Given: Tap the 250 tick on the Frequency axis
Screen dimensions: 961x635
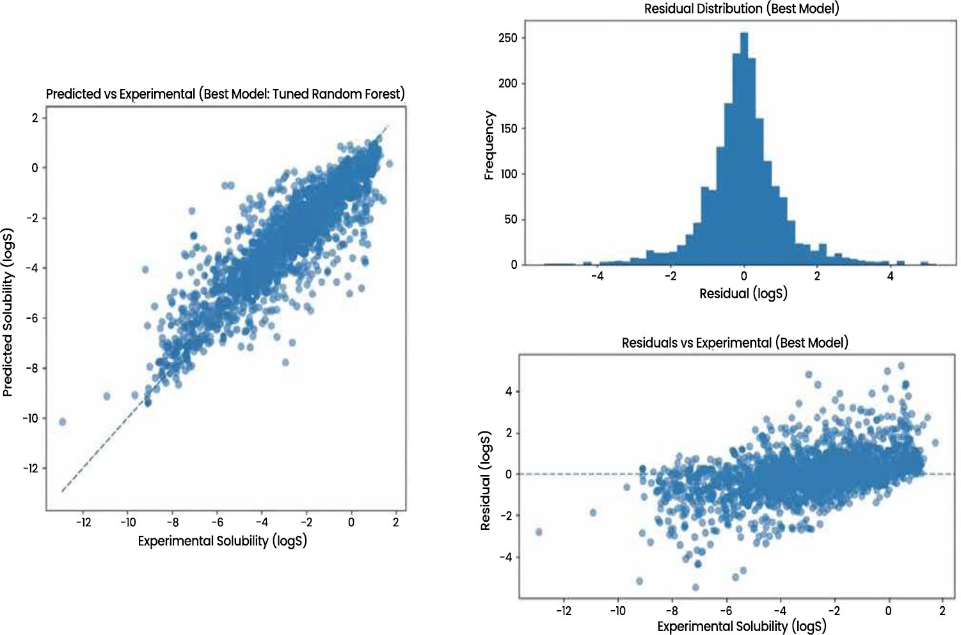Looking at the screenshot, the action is pyautogui.click(x=508, y=38).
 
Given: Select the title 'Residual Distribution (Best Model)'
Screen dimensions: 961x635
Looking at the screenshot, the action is pyautogui.click(x=742, y=8).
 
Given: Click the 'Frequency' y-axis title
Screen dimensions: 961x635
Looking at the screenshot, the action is pyautogui.click(x=489, y=145).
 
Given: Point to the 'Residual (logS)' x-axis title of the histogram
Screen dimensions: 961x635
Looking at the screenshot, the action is pyautogui.click(x=743, y=294).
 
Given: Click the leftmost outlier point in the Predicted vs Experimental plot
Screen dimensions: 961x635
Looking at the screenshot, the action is pyautogui.click(x=62, y=422).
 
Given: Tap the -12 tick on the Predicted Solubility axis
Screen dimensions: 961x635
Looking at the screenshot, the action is pyautogui.click(x=31, y=468).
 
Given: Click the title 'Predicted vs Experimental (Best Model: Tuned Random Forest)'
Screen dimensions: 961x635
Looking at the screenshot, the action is pyautogui.click(x=225, y=93).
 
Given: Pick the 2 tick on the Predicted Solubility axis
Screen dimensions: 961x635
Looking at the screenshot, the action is pyautogui.click(x=35, y=117).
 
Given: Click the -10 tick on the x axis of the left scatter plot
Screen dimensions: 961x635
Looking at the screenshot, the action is pyautogui.click(x=128, y=522).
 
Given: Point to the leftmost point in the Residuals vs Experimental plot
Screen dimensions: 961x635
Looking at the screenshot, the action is pyautogui.click(x=539, y=532).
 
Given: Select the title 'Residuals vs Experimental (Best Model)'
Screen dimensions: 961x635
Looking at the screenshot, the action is pyautogui.click(x=735, y=342).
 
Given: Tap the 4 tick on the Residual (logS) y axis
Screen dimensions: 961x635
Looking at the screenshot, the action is pyautogui.click(x=509, y=391).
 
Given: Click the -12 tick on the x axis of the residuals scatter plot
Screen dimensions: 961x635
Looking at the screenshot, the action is pyautogui.click(x=563, y=611).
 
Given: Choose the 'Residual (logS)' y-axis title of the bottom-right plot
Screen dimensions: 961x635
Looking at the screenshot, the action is pyautogui.click(x=486, y=481).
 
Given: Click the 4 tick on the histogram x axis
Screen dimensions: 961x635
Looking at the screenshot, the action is pyautogui.click(x=890, y=276).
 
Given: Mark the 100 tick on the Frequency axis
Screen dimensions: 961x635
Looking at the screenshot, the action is pyautogui.click(x=508, y=174).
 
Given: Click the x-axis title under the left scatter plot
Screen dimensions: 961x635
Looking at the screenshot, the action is pyautogui.click(x=222, y=541).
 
